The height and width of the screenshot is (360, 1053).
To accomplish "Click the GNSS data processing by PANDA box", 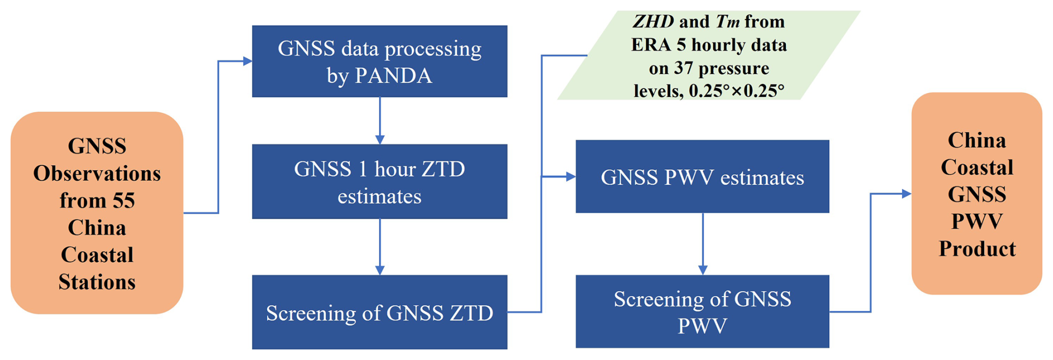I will click(x=379, y=61).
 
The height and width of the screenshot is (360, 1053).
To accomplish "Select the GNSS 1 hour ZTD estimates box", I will click(x=379, y=181).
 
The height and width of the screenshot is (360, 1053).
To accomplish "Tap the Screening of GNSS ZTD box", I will click(x=379, y=312).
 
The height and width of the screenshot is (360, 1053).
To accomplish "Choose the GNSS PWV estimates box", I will click(x=702, y=177).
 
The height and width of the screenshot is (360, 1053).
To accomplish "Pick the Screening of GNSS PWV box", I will click(x=702, y=312).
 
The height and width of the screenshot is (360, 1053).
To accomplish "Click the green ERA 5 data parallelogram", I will click(x=708, y=56).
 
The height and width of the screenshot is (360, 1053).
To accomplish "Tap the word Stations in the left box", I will click(x=97, y=282).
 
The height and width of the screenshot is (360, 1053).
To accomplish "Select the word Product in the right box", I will click(x=977, y=249).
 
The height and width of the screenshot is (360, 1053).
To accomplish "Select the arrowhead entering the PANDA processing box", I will click(x=247, y=61).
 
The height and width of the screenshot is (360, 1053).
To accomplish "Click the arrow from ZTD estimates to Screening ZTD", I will click(x=380, y=246).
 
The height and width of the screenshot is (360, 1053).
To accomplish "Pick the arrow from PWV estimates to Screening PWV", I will click(x=702, y=244).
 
